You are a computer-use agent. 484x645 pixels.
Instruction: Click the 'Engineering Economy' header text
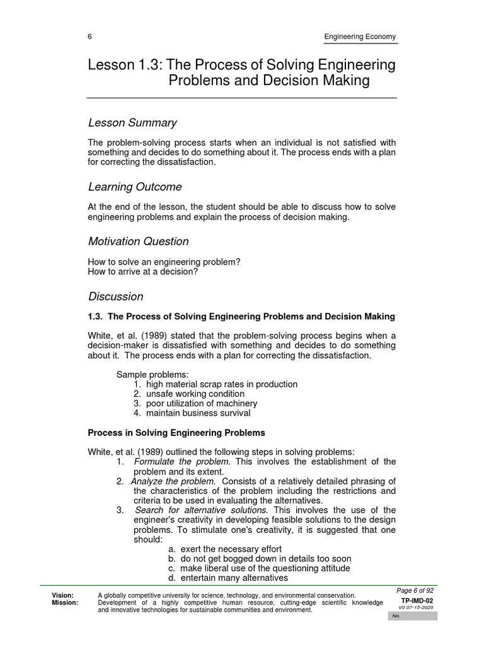(360, 37)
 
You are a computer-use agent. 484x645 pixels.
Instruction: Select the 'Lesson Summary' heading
(132, 123)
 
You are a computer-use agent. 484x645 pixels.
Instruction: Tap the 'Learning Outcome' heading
(135, 187)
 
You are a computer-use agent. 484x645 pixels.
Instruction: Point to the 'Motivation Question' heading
(138, 241)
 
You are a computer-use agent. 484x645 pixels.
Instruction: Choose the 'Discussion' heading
(115, 297)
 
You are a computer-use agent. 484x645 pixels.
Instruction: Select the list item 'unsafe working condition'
(195, 394)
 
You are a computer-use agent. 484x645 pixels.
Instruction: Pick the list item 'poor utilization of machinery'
(201, 403)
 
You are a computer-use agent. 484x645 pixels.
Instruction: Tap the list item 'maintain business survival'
(198, 413)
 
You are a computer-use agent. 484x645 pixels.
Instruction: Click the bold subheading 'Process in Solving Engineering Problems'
(176, 433)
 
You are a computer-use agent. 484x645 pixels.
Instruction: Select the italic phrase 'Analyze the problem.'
(173, 481)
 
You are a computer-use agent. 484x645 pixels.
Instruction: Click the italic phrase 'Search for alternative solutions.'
(202, 510)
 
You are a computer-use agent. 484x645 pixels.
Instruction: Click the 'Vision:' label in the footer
(62, 595)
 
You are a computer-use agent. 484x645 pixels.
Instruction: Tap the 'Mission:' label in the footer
(65, 603)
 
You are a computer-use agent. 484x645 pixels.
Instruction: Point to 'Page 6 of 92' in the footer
(415, 590)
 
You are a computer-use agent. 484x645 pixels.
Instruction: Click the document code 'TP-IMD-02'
(417, 601)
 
